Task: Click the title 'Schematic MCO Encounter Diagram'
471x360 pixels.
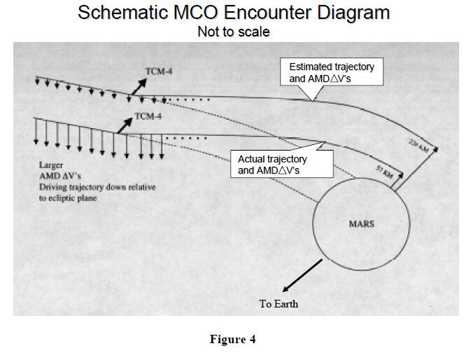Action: [234, 13]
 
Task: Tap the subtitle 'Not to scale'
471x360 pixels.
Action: [234, 32]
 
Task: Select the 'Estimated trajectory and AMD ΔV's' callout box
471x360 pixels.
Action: [332, 72]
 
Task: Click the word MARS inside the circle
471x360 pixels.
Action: [362, 224]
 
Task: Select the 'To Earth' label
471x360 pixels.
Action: [279, 303]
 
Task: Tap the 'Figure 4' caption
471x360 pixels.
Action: [233, 340]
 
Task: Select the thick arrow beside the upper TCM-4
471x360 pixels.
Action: [138, 87]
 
